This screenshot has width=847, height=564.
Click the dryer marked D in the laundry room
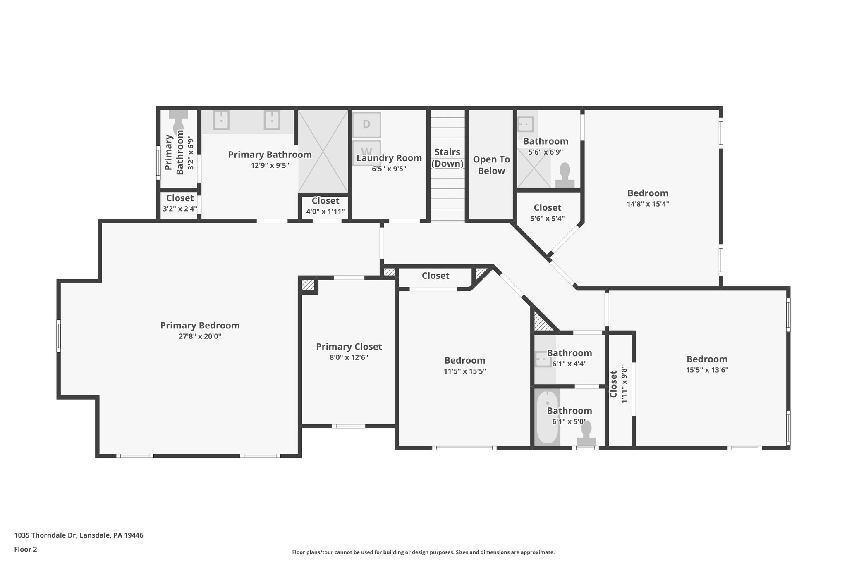pos(366,125)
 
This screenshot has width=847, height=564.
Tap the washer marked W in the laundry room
pos(366,151)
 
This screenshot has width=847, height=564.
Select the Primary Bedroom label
pos(200,326)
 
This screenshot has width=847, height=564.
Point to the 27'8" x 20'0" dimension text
pos(200,336)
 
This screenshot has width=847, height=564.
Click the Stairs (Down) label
pos(447,158)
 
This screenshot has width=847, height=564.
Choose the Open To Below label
pos(491,165)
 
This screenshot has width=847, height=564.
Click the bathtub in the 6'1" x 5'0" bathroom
pos(547,417)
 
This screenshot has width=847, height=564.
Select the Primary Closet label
pos(349,347)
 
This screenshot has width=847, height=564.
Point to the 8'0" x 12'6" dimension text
pos(349,357)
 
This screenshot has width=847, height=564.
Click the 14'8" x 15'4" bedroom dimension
pos(648,204)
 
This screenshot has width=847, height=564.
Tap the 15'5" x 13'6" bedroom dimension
pos(707,370)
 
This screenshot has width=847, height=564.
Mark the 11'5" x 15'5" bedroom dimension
pos(464,371)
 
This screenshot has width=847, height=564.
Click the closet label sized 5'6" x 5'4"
pos(547,208)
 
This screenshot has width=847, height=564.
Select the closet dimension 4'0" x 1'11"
pos(325,212)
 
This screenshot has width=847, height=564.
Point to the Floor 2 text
pos(26,549)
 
